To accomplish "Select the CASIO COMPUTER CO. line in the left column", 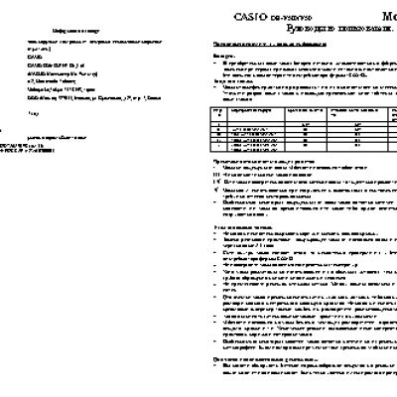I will pyautogui.click(x=60, y=65).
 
